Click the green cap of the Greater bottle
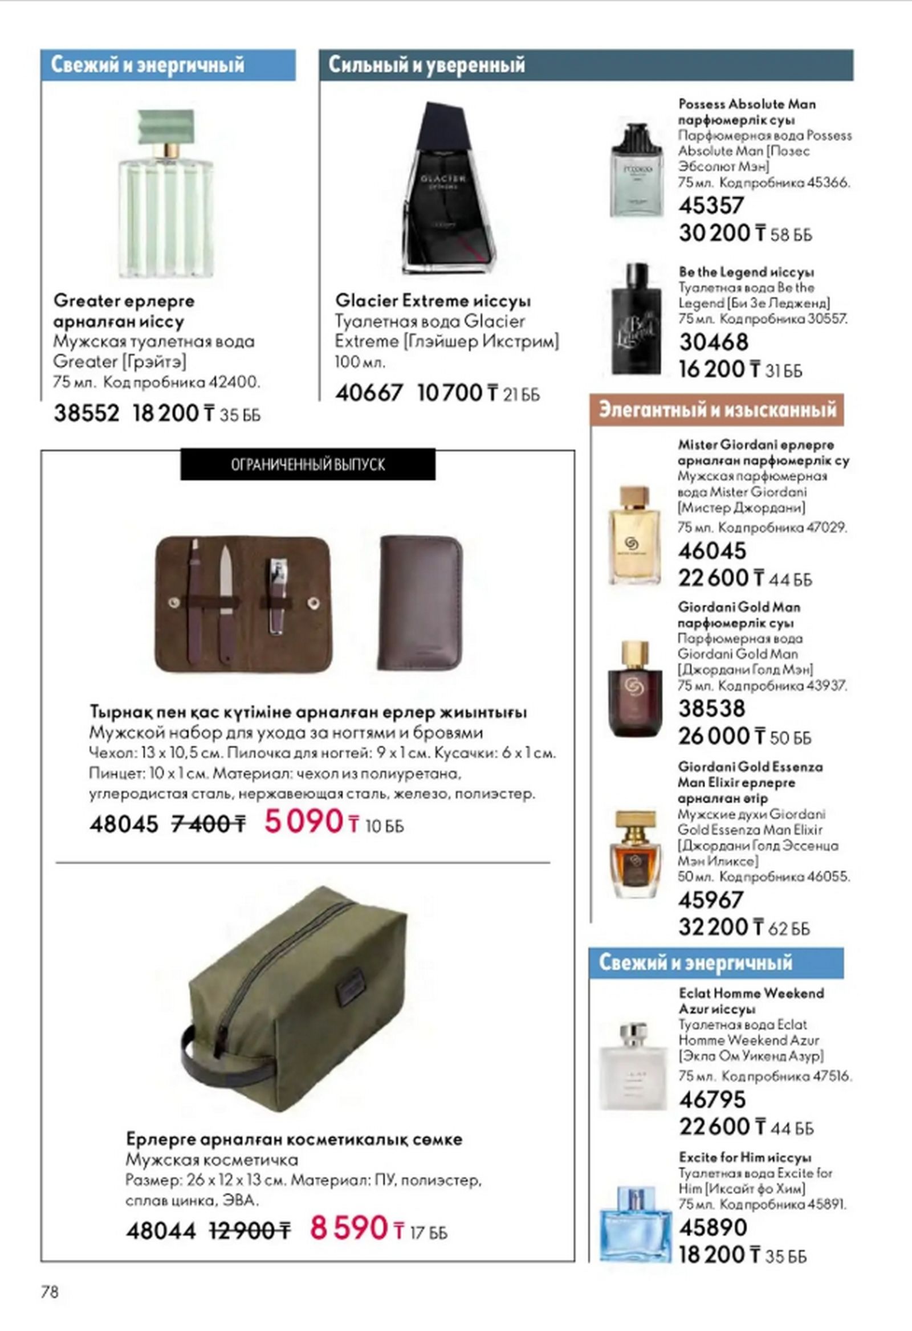(x=166, y=128)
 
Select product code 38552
(x=87, y=414)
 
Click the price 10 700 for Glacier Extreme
(x=450, y=394)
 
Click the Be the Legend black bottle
(x=636, y=319)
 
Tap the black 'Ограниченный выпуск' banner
(x=308, y=464)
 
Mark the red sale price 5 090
(x=303, y=822)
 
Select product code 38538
(x=711, y=709)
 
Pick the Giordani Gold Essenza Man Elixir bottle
(x=635, y=855)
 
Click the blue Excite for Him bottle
(x=634, y=1226)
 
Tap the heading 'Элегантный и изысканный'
(x=716, y=410)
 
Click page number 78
(x=50, y=1292)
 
